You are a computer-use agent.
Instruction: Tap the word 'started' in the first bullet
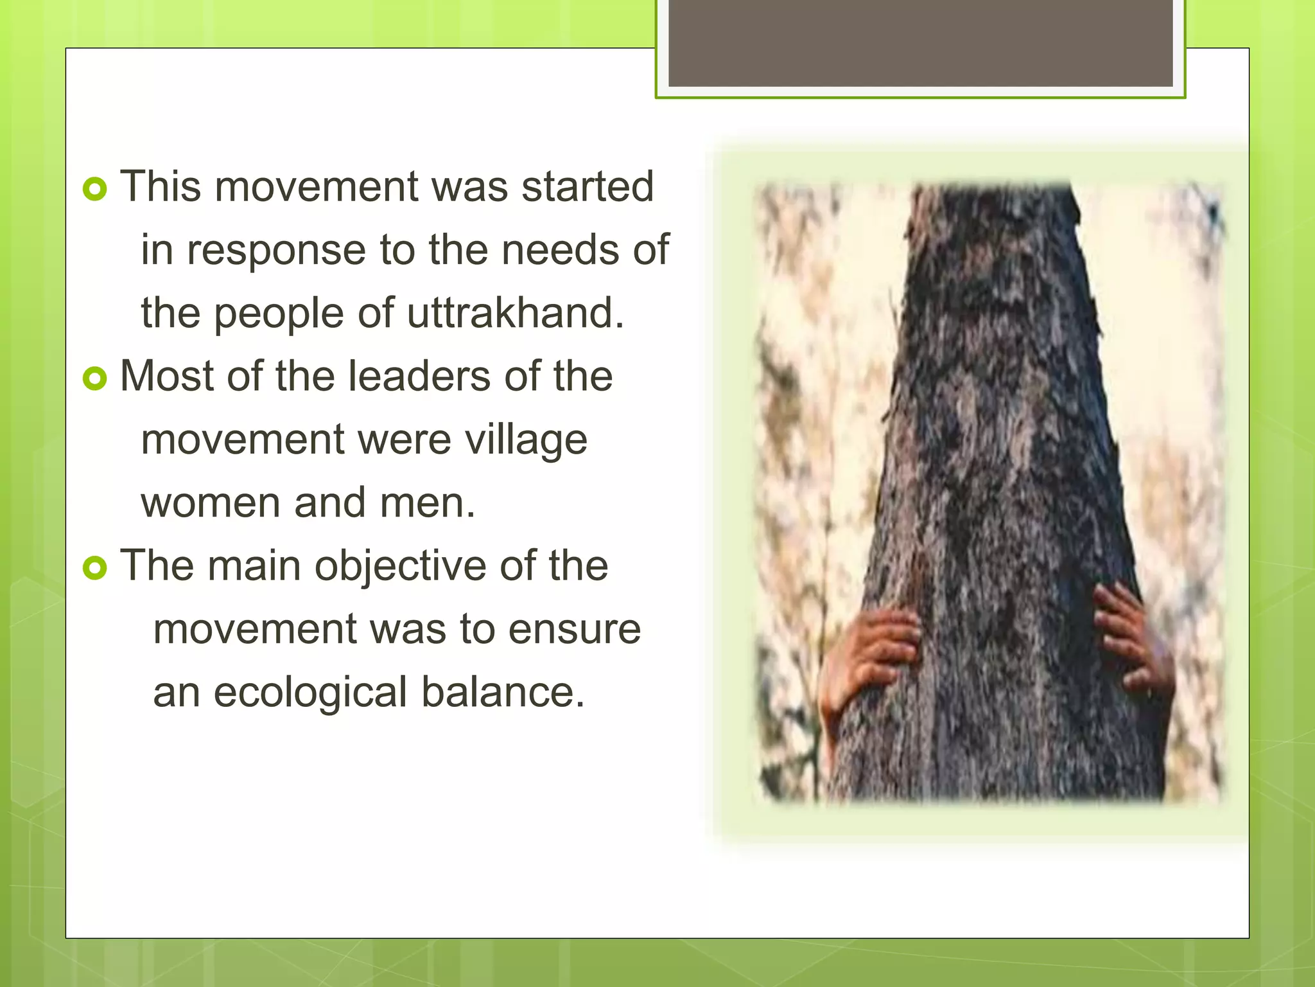click(587, 186)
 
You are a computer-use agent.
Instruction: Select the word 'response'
click(276, 250)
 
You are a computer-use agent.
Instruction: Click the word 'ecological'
click(310, 693)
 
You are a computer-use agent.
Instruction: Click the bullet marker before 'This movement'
click(94, 189)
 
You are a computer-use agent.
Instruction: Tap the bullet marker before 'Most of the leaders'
click(94, 378)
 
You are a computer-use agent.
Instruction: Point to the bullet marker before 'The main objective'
click(94, 568)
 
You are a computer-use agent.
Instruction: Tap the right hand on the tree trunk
click(1133, 643)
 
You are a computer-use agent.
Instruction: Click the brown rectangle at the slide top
click(920, 43)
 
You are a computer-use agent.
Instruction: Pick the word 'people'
click(279, 314)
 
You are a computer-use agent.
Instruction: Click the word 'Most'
click(166, 376)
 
